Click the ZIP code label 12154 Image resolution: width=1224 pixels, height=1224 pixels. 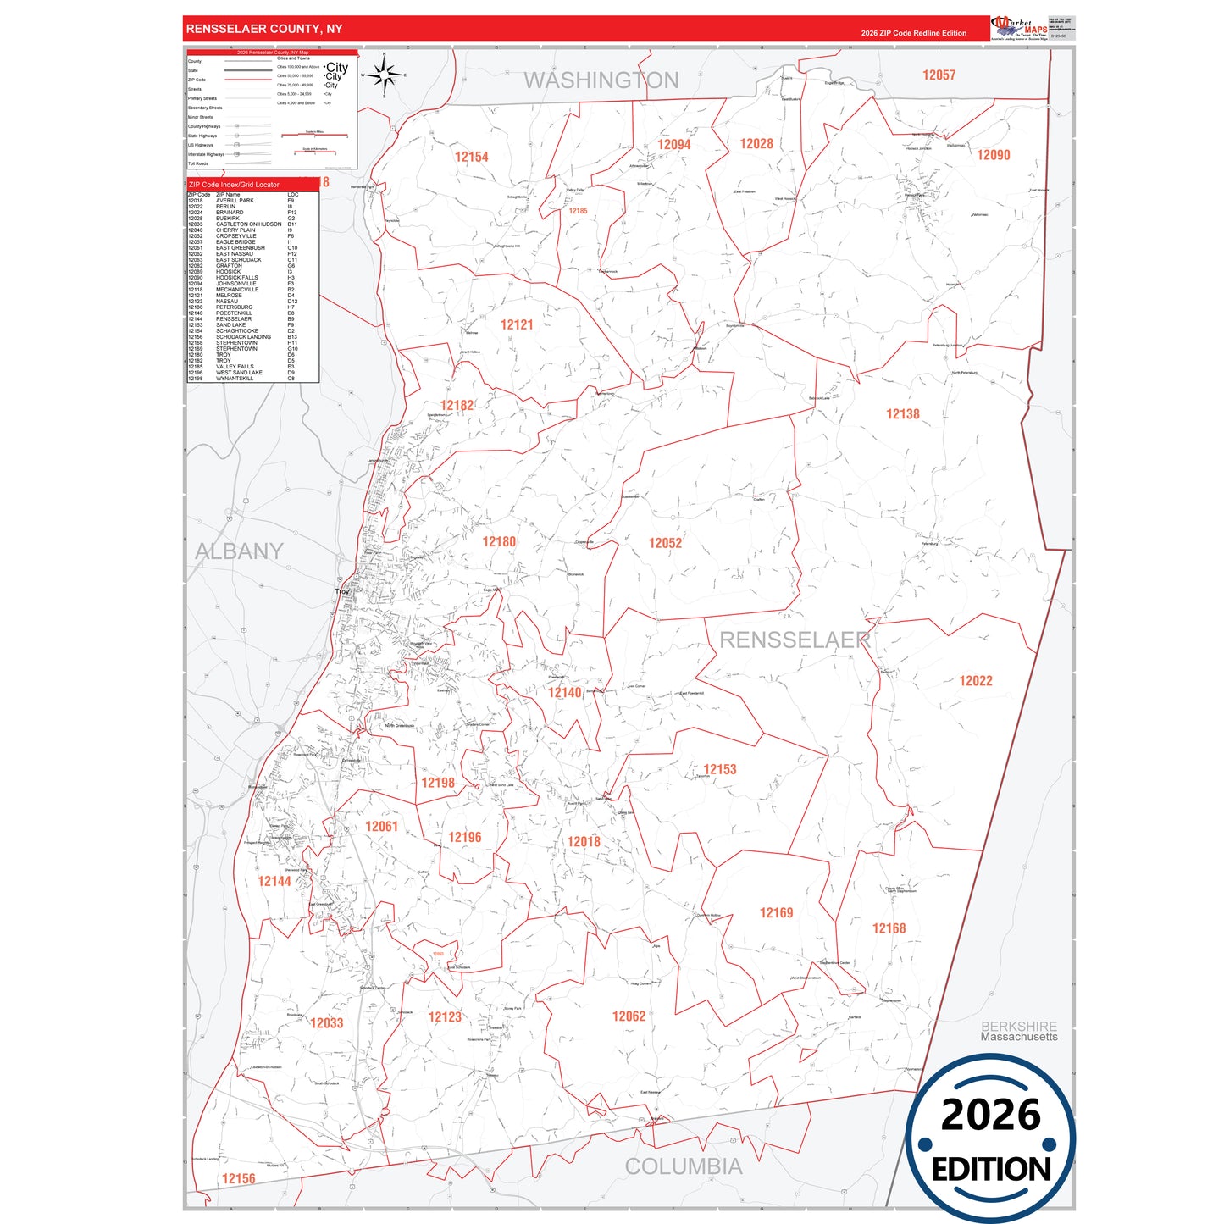tap(471, 157)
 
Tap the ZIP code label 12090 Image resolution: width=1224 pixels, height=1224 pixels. tap(993, 155)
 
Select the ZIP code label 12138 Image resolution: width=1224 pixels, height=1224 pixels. tap(902, 414)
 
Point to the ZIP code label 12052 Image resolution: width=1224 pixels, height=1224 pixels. tap(665, 543)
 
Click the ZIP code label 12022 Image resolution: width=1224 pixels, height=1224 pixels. tap(975, 681)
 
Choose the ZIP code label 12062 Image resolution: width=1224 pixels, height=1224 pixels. tap(629, 1016)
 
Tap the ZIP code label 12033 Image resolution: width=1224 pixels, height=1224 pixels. tap(326, 1023)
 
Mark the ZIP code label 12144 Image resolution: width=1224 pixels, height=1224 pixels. tap(274, 882)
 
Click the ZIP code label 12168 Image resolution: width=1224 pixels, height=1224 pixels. tap(889, 928)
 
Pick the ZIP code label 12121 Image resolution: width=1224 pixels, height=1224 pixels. tap(517, 325)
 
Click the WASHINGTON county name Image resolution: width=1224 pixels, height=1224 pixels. tap(601, 80)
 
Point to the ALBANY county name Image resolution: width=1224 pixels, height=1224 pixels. tap(239, 551)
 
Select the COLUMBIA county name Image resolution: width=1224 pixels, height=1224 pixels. tap(684, 1166)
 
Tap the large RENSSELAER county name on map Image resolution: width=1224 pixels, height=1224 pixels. tap(795, 640)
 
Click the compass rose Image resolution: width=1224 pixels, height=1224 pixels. tap(385, 76)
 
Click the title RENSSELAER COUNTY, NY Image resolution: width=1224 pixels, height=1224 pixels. tap(264, 29)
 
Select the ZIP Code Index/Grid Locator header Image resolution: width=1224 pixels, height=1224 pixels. tap(234, 185)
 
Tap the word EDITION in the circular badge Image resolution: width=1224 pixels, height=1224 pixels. tap(990, 1170)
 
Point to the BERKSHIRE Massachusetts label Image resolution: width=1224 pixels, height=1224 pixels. tap(1019, 1031)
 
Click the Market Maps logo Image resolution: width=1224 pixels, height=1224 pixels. tap(1019, 27)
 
